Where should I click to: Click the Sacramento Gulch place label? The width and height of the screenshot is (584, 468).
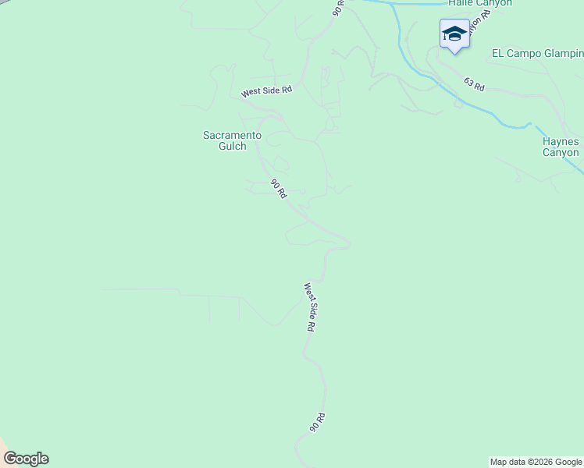232,140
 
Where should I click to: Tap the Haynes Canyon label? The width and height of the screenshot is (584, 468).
561,147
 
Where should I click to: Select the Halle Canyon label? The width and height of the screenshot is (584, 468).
480,3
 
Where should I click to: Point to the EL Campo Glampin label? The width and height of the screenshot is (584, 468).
537,53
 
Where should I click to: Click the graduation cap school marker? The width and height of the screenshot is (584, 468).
454,34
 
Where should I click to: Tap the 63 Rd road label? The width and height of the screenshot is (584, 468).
474,84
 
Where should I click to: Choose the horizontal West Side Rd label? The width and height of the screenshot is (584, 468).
266,91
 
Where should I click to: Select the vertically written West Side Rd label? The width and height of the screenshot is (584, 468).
309,308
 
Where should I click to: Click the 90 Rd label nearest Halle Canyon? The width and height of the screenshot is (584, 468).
338,8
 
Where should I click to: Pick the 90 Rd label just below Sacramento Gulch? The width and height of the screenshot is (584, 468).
279,188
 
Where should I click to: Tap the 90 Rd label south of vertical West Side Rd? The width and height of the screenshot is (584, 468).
317,423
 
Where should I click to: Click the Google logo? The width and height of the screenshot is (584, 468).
26,459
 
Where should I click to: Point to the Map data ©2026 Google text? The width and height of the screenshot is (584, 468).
536,462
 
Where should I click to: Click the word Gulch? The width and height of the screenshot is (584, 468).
232,146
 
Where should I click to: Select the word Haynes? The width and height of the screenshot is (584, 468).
561,141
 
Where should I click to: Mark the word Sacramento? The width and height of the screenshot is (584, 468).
232,135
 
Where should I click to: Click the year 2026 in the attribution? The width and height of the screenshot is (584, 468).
543,462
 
